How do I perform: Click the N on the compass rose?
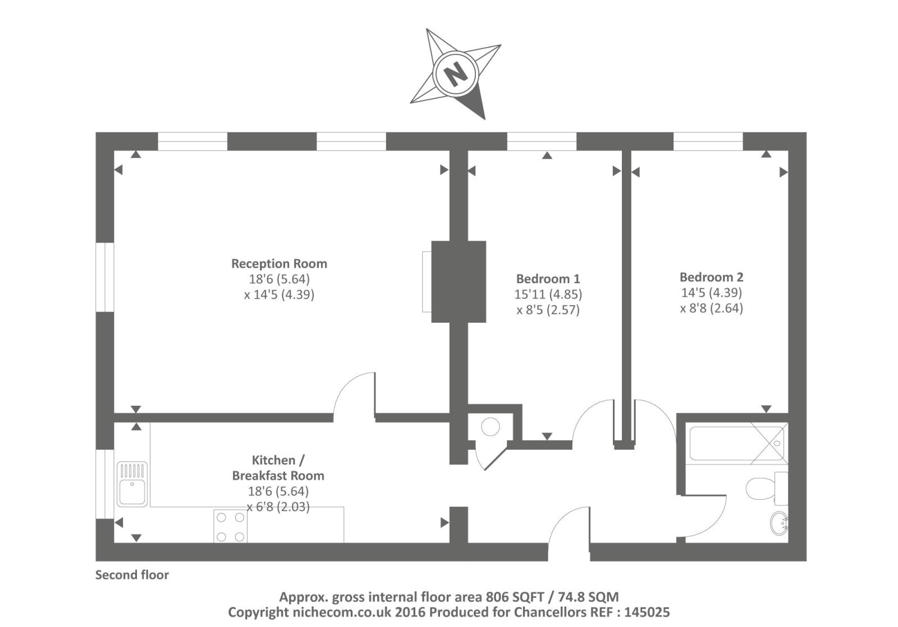click(x=455, y=73)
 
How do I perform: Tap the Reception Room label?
click(x=279, y=263)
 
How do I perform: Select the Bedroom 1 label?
click(x=548, y=278)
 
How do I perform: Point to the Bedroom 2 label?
click(x=711, y=277)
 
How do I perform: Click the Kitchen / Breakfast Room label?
click(x=278, y=468)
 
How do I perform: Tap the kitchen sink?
click(x=132, y=484)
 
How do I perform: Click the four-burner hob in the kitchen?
click(x=230, y=527)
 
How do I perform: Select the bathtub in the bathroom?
click(x=736, y=444)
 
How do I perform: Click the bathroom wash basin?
click(x=779, y=523)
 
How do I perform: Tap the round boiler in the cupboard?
click(x=491, y=427)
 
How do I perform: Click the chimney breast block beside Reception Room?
click(x=458, y=281)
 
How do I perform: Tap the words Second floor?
click(x=132, y=575)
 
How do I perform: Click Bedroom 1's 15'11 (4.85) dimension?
click(x=548, y=294)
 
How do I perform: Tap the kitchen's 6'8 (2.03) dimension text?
click(x=278, y=506)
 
